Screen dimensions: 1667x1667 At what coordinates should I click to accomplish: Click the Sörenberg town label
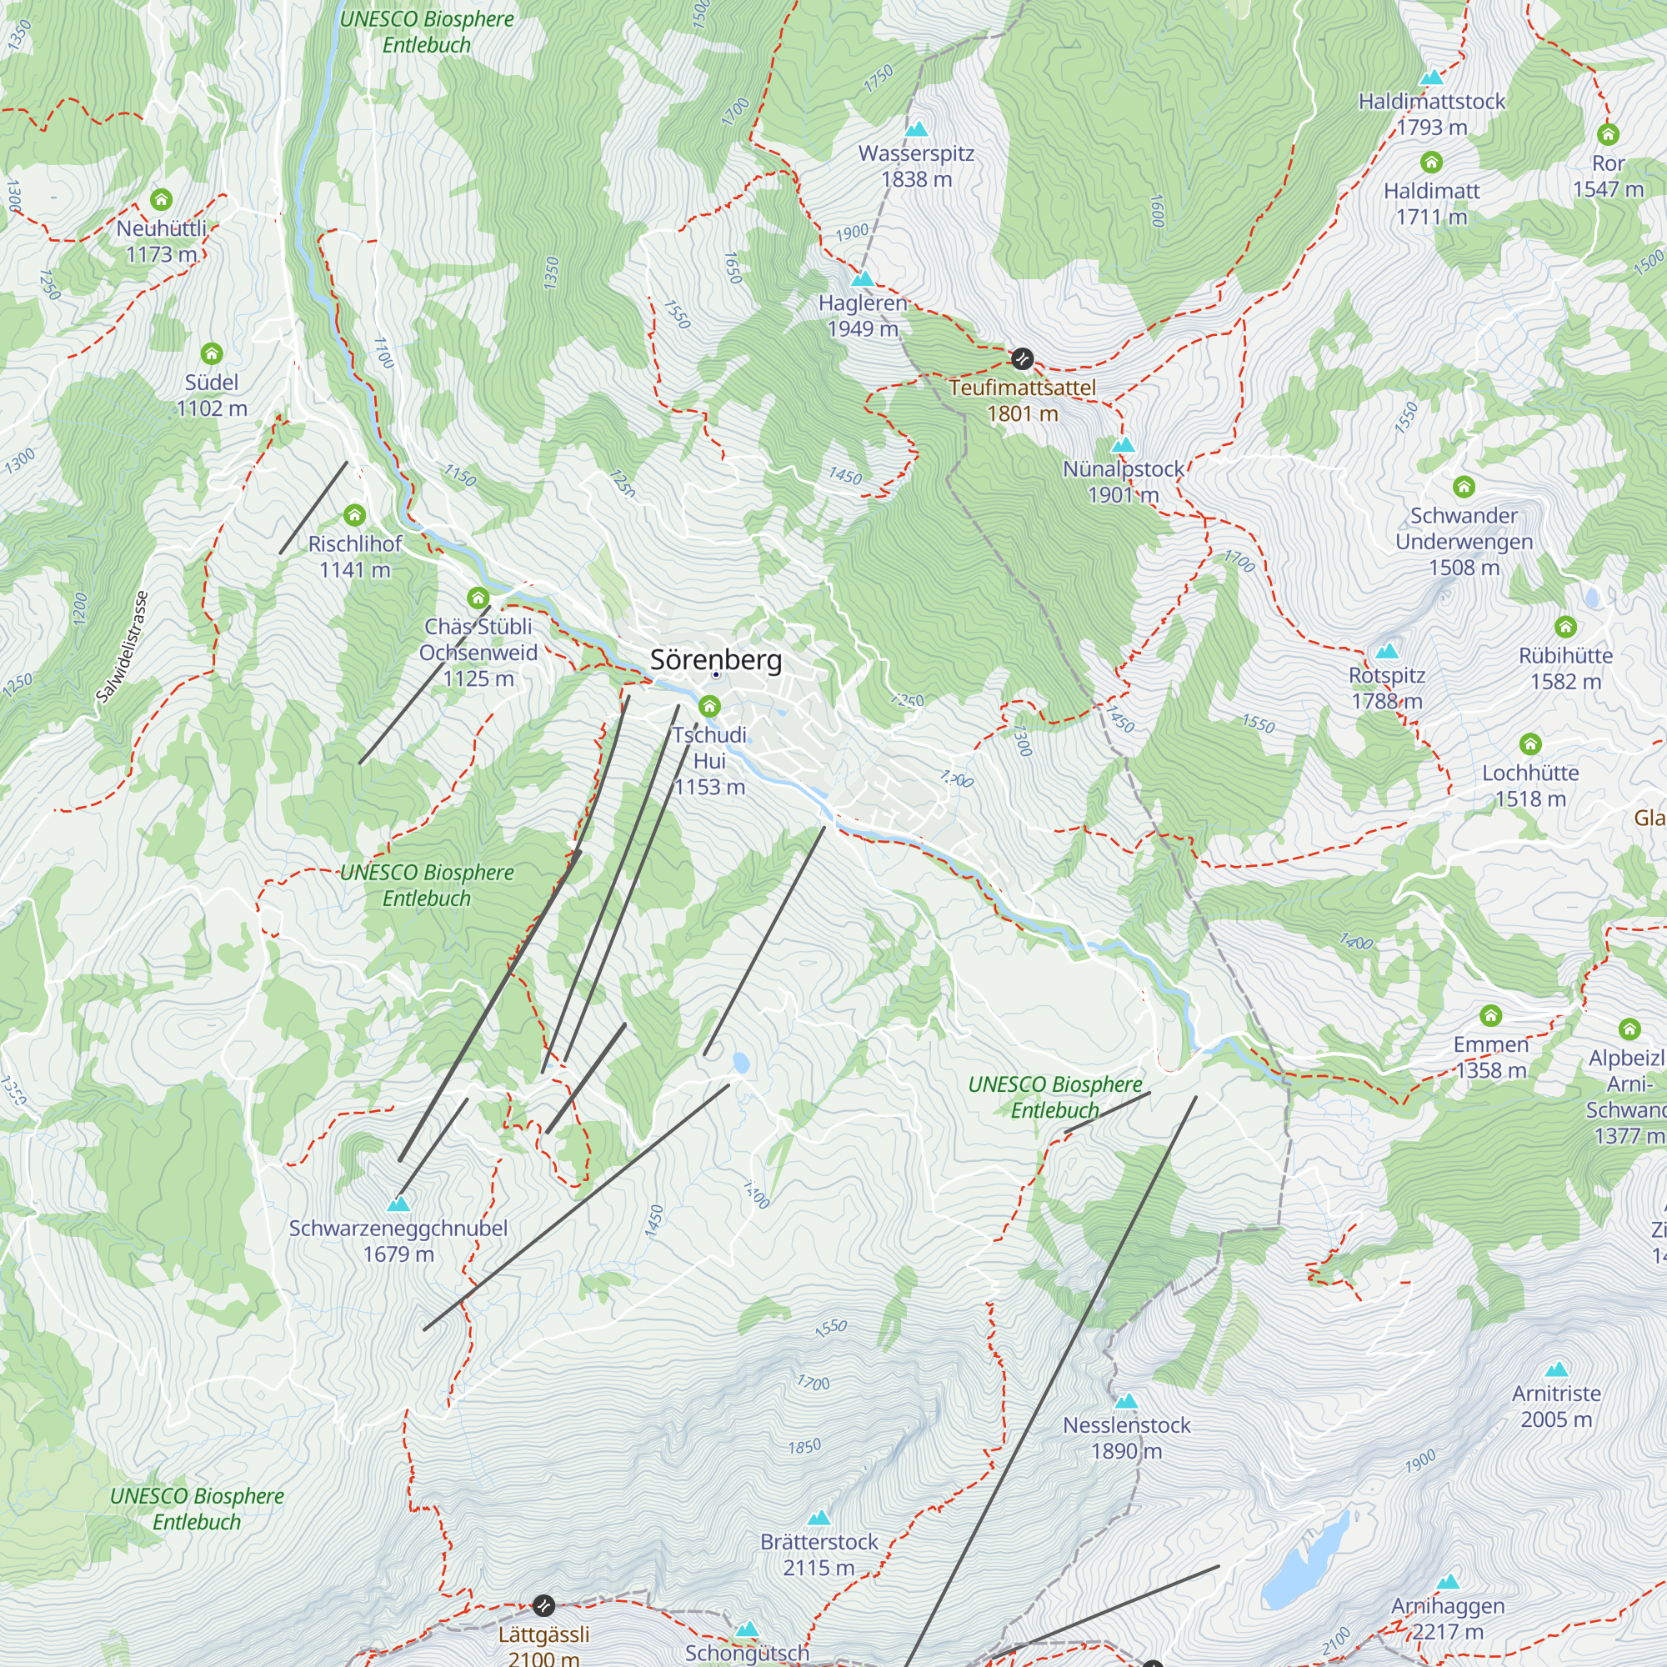click(715, 660)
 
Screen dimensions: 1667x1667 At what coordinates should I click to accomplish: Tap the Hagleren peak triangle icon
click(862, 278)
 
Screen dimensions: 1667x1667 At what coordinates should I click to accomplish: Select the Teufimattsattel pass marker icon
click(1022, 358)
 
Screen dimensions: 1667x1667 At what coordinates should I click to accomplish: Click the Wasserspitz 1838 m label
click(915, 167)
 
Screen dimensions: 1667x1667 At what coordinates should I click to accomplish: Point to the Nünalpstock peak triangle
click(1123, 445)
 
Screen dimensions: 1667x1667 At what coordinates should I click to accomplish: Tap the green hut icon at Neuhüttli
click(162, 200)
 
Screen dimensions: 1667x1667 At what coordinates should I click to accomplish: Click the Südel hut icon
click(212, 353)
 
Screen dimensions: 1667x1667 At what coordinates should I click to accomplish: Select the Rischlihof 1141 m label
click(354, 557)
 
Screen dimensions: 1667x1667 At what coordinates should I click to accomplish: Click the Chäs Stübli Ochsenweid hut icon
click(478, 597)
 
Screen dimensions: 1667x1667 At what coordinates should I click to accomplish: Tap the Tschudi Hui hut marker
click(709, 707)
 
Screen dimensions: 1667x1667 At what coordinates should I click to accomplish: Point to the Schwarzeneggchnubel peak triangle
click(398, 1204)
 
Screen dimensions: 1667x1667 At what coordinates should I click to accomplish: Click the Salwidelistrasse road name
click(123, 646)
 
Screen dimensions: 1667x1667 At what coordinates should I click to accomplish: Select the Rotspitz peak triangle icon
click(1387, 651)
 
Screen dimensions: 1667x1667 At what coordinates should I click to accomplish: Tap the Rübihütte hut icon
click(1565, 627)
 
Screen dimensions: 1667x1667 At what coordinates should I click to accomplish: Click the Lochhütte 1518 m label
click(1529, 785)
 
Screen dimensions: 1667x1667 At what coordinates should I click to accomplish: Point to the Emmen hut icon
click(1490, 1014)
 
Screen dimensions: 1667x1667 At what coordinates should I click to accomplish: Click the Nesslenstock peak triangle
click(1126, 1401)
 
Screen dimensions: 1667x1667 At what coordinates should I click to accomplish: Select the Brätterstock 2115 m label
click(818, 1554)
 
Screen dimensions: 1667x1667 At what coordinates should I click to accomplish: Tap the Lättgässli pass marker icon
click(543, 1604)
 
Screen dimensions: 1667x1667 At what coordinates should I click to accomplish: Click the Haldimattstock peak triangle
click(1431, 78)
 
